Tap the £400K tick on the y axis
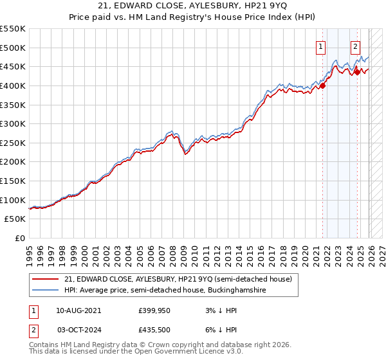13,85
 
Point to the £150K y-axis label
13,181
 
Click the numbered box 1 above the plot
320,46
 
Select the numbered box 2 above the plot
355,46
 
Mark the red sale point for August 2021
323,85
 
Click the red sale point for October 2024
357,72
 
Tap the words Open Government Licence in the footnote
190,353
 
